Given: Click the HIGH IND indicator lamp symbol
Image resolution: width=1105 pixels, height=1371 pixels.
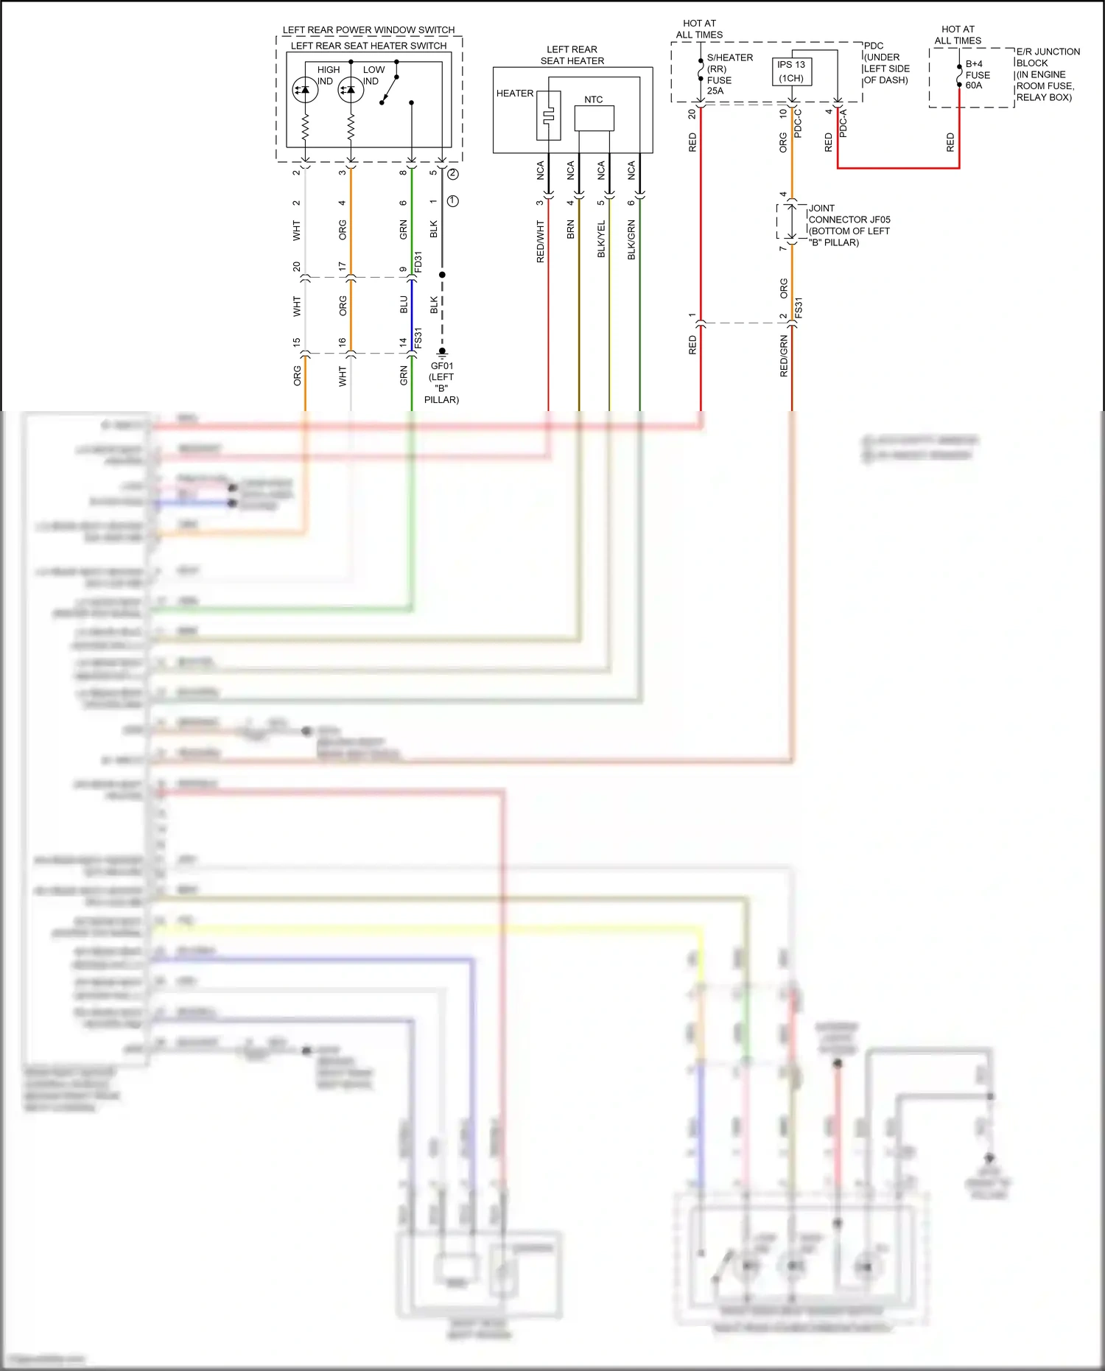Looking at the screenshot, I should point(305,90).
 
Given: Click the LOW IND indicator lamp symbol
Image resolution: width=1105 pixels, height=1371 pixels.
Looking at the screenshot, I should point(351,90).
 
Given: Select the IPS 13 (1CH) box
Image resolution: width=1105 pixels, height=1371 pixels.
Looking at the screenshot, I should point(792,71).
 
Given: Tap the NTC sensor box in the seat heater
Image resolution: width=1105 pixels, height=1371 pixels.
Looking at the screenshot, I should point(594,118).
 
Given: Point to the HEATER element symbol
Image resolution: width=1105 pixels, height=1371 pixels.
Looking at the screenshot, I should point(549,116).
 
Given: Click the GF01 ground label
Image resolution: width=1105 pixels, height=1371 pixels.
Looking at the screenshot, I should point(442,366).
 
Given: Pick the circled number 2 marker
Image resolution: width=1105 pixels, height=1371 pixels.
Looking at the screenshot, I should point(453,174).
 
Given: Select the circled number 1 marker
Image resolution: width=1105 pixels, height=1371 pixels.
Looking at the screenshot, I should point(453,201).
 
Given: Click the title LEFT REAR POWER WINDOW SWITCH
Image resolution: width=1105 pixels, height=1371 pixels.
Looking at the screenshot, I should point(368,30).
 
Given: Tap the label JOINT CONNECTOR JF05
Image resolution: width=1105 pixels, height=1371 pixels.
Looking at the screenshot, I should point(849,220).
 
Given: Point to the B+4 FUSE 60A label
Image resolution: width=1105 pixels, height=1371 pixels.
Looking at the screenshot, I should point(978,74).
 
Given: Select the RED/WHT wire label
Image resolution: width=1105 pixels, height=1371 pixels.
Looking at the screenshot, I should point(541,242).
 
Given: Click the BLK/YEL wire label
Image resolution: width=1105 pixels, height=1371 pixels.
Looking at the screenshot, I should point(601,239).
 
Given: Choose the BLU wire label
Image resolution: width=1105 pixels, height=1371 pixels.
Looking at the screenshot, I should point(404,305).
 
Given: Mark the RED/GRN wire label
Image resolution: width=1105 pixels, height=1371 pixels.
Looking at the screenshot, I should point(784,357).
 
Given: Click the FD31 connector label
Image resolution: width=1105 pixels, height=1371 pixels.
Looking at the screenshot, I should point(418,262).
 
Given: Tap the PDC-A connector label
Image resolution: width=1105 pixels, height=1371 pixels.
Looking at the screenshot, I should point(843,123).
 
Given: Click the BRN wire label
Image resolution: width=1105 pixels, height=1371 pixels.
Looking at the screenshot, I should point(571,230).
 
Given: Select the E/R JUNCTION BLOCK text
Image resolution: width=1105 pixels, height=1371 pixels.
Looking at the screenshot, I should point(1048,57).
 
